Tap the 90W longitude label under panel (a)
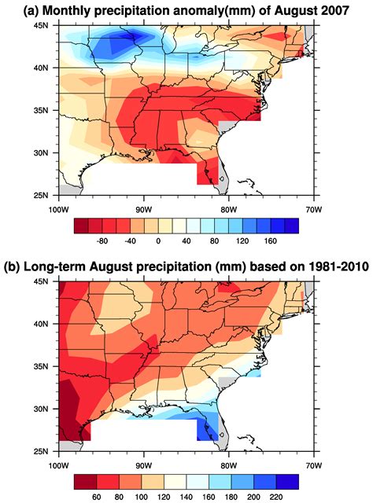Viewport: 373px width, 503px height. [142, 208]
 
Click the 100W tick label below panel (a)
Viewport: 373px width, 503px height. [56, 208]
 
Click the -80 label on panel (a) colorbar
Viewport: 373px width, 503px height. [102, 240]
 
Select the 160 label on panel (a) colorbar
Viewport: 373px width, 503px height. [271, 240]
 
